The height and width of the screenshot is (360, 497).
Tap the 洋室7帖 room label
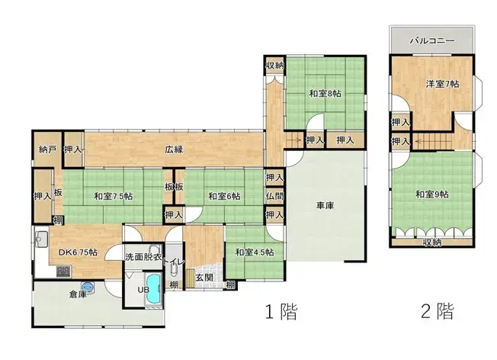[x=438, y=84]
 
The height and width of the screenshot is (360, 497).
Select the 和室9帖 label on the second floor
[x=431, y=194]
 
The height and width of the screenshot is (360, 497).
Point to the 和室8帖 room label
[x=325, y=93]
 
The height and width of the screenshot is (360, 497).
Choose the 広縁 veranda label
[x=174, y=149]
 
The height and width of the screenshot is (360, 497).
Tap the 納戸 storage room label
[x=47, y=149]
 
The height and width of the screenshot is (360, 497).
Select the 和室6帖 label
[x=224, y=197]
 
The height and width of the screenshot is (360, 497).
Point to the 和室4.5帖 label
[x=254, y=252]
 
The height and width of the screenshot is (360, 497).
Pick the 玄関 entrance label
[x=203, y=278]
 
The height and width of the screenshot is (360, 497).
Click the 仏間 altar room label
[x=275, y=196]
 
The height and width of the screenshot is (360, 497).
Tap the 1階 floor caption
[x=281, y=312]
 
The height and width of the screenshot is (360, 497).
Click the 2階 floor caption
[x=438, y=312]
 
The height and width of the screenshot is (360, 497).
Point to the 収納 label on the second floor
[x=431, y=243]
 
